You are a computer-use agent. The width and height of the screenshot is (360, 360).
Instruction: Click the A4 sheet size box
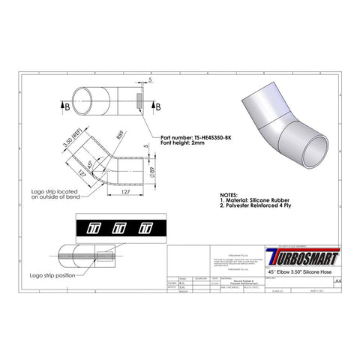pyautogui.click(x=338, y=279)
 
